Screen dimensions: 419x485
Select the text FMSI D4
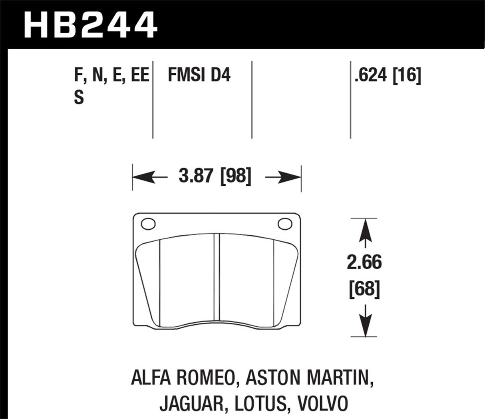(199, 75)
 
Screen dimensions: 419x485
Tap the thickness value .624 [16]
(388, 75)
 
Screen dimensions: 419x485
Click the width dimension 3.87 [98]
(215, 176)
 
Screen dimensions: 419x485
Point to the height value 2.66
(364, 263)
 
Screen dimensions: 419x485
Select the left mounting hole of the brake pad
(148, 224)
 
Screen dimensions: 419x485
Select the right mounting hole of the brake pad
(285, 224)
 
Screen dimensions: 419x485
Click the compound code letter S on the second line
(79, 98)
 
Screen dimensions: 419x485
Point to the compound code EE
(140, 75)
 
